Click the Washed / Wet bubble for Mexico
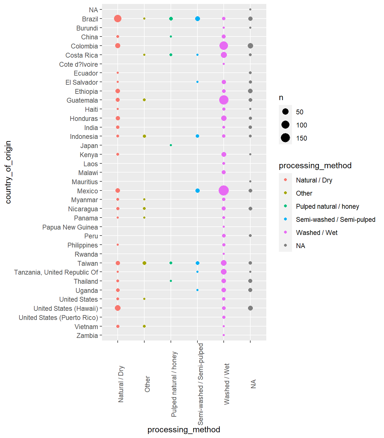click(x=224, y=190)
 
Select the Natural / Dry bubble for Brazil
click(x=118, y=19)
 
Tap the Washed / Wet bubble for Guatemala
click(x=224, y=100)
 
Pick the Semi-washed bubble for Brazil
click(x=197, y=19)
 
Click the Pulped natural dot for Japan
click(x=171, y=145)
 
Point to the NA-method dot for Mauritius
click(x=250, y=181)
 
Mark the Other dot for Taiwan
click(x=144, y=263)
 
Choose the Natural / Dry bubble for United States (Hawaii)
click(x=118, y=308)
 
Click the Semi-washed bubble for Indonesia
click(x=197, y=136)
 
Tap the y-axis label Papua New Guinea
click(x=70, y=227)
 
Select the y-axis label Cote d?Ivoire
click(x=78, y=64)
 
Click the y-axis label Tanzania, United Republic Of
click(x=56, y=272)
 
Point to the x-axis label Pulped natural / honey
click(x=174, y=384)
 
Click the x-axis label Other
click(x=147, y=384)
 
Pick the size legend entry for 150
click(x=301, y=138)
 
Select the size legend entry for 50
click(x=299, y=112)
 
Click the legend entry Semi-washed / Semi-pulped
click(x=335, y=220)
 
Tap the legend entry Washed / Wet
click(x=317, y=233)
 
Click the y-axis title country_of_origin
click(x=8, y=172)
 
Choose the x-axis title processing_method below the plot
click(x=184, y=429)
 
